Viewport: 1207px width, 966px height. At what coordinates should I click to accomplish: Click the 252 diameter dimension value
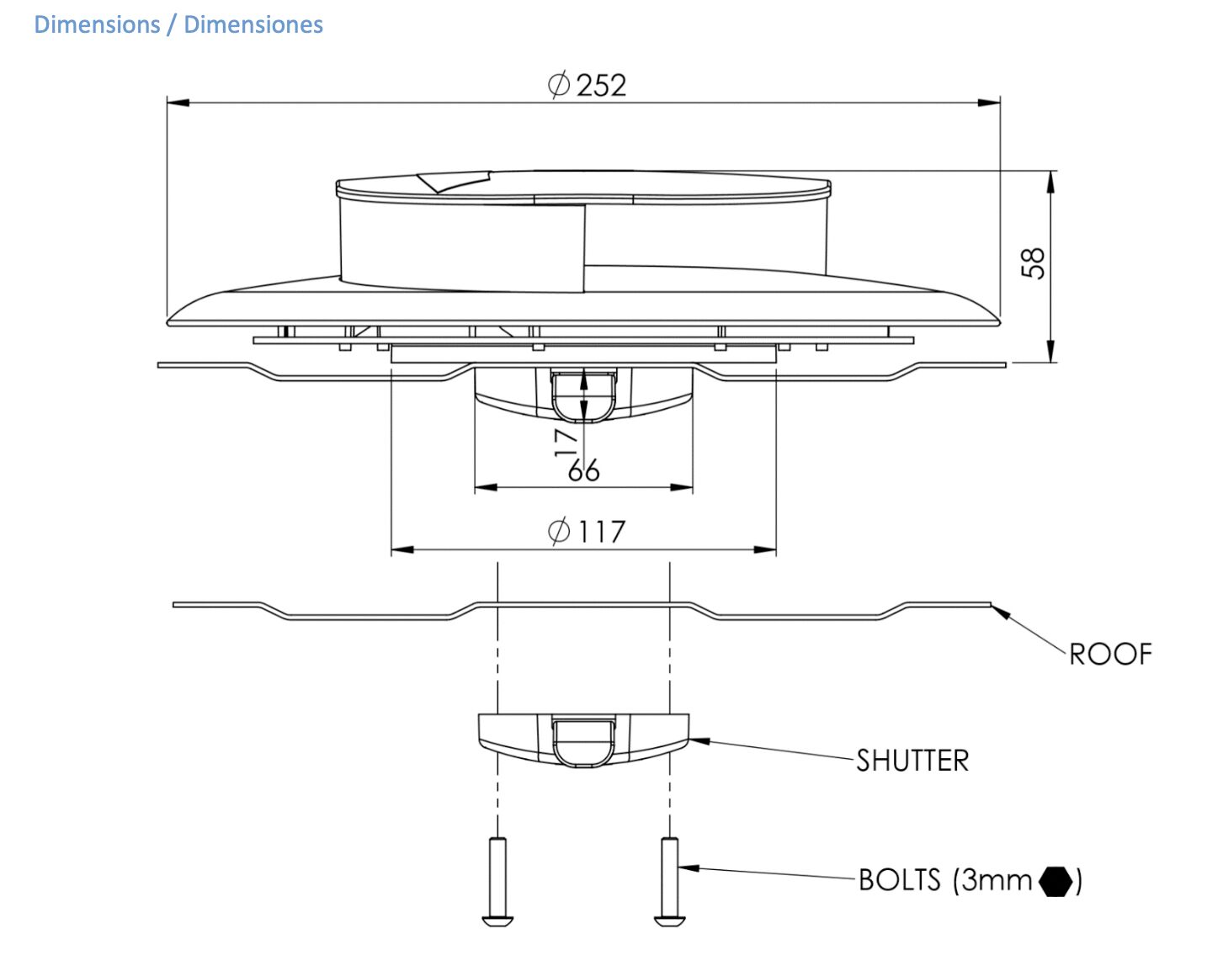(601, 86)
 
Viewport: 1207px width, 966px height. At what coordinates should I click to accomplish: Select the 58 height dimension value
(1033, 263)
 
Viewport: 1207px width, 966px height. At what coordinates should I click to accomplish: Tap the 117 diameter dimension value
(601, 532)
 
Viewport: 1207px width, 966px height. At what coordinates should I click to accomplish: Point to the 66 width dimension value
(584, 470)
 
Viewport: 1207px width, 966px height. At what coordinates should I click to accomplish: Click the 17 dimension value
(565, 443)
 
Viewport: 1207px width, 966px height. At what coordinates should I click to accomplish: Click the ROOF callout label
(1110, 655)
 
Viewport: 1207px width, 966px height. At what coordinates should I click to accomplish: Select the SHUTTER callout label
(912, 761)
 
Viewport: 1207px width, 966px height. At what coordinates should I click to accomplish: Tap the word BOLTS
(900, 879)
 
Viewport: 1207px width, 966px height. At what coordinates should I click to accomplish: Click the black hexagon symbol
(1055, 881)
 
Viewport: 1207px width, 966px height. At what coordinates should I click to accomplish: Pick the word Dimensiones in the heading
(253, 25)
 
